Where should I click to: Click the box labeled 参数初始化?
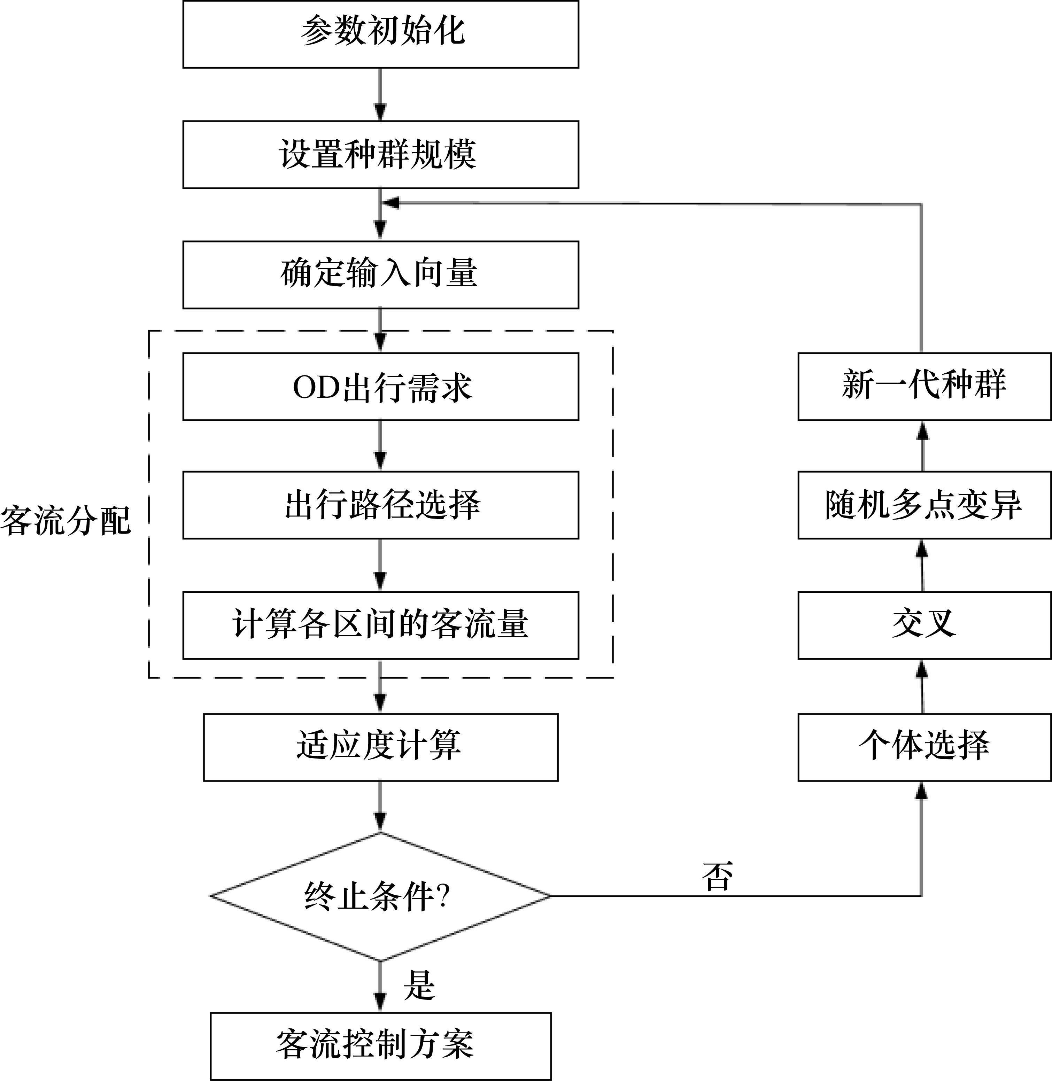(x=381, y=34)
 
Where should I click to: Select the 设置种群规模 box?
(x=381, y=155)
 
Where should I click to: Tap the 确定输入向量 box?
(x=381, y=274)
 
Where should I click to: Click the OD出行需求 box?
(x=381, y=387)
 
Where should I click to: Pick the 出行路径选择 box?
(x=381, y=505)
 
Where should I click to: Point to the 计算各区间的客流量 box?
(x=381, y=625)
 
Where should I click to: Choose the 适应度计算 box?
(x=381, y=747)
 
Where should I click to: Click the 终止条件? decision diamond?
(x=381, y=896)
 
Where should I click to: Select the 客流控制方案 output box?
(x=381, y=1045)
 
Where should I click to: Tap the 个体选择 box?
(x=924, y=747)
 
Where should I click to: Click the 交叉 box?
(x=924, y=625)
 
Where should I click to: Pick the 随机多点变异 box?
(x=924, y=505)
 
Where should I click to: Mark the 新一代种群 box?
(x=924, y=387)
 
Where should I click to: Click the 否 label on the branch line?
(x=717, y=877)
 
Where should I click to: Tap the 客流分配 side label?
(x=65, y=520)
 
